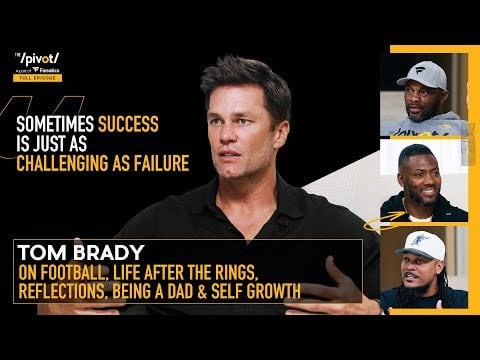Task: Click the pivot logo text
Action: tap(38, 59)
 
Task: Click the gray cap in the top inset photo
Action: tap(420, 76)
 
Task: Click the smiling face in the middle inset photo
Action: tap(421, 175)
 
